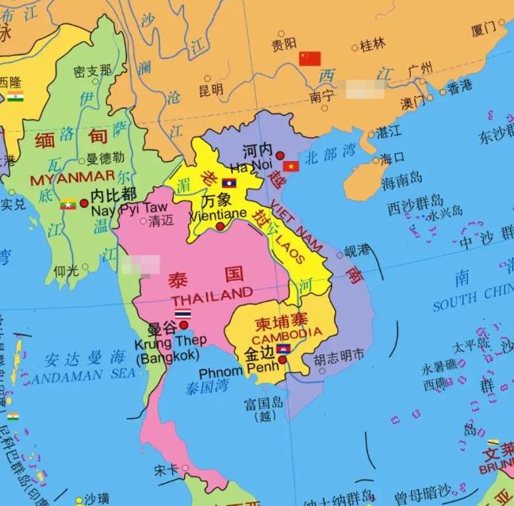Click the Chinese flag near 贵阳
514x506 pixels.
point(310,59)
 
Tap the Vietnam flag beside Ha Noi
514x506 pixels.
point(291,167)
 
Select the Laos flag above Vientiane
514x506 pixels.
point(228,183)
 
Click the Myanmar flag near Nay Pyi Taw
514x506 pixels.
point(68,205)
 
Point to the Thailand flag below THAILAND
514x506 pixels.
point(182,315)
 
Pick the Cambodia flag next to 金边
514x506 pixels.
point(282,349)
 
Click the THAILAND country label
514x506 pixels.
point(212,295)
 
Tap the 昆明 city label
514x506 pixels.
point(210,90)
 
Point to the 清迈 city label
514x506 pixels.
point(160,221)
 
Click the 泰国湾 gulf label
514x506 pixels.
point(207,388)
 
